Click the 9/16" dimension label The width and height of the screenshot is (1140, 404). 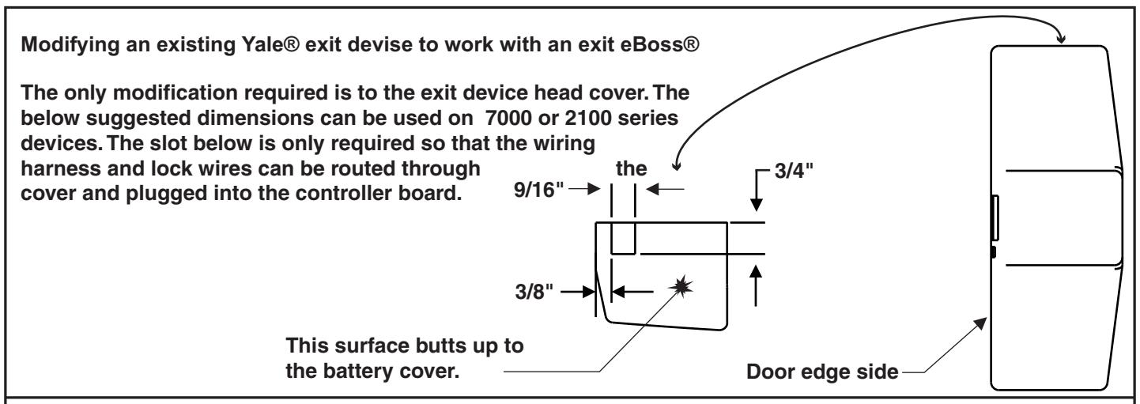[538, 190]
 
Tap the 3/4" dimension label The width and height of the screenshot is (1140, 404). [794, 171]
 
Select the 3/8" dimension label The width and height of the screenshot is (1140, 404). [534, 292]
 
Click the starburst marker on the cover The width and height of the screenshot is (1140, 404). [681, 286]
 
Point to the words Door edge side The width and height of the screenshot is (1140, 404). [822, 372]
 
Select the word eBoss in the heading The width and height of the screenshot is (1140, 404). [652, 44]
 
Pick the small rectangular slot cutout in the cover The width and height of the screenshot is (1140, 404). [623, 238]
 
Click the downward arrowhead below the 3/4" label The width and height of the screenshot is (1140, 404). [757, 203]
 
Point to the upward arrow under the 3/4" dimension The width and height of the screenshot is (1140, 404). [756, 285]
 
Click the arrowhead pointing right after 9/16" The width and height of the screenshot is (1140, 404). [594, 189]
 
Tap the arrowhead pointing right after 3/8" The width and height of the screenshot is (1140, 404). [588, 292]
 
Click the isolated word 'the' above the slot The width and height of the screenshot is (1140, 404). [631, 168]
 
